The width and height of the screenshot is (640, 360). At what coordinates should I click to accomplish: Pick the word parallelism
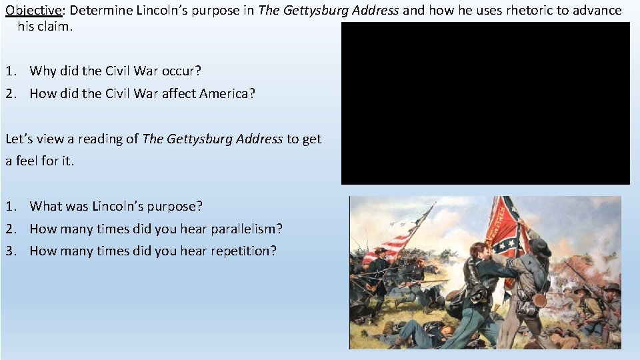point(247,229)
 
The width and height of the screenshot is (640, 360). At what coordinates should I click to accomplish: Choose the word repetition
point(243,251)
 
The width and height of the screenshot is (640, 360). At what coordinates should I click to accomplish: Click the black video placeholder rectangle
point(485,103)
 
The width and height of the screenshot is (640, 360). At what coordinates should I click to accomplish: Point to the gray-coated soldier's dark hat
point(540,248)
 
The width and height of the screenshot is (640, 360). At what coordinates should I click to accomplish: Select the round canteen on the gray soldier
point(539,301)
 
